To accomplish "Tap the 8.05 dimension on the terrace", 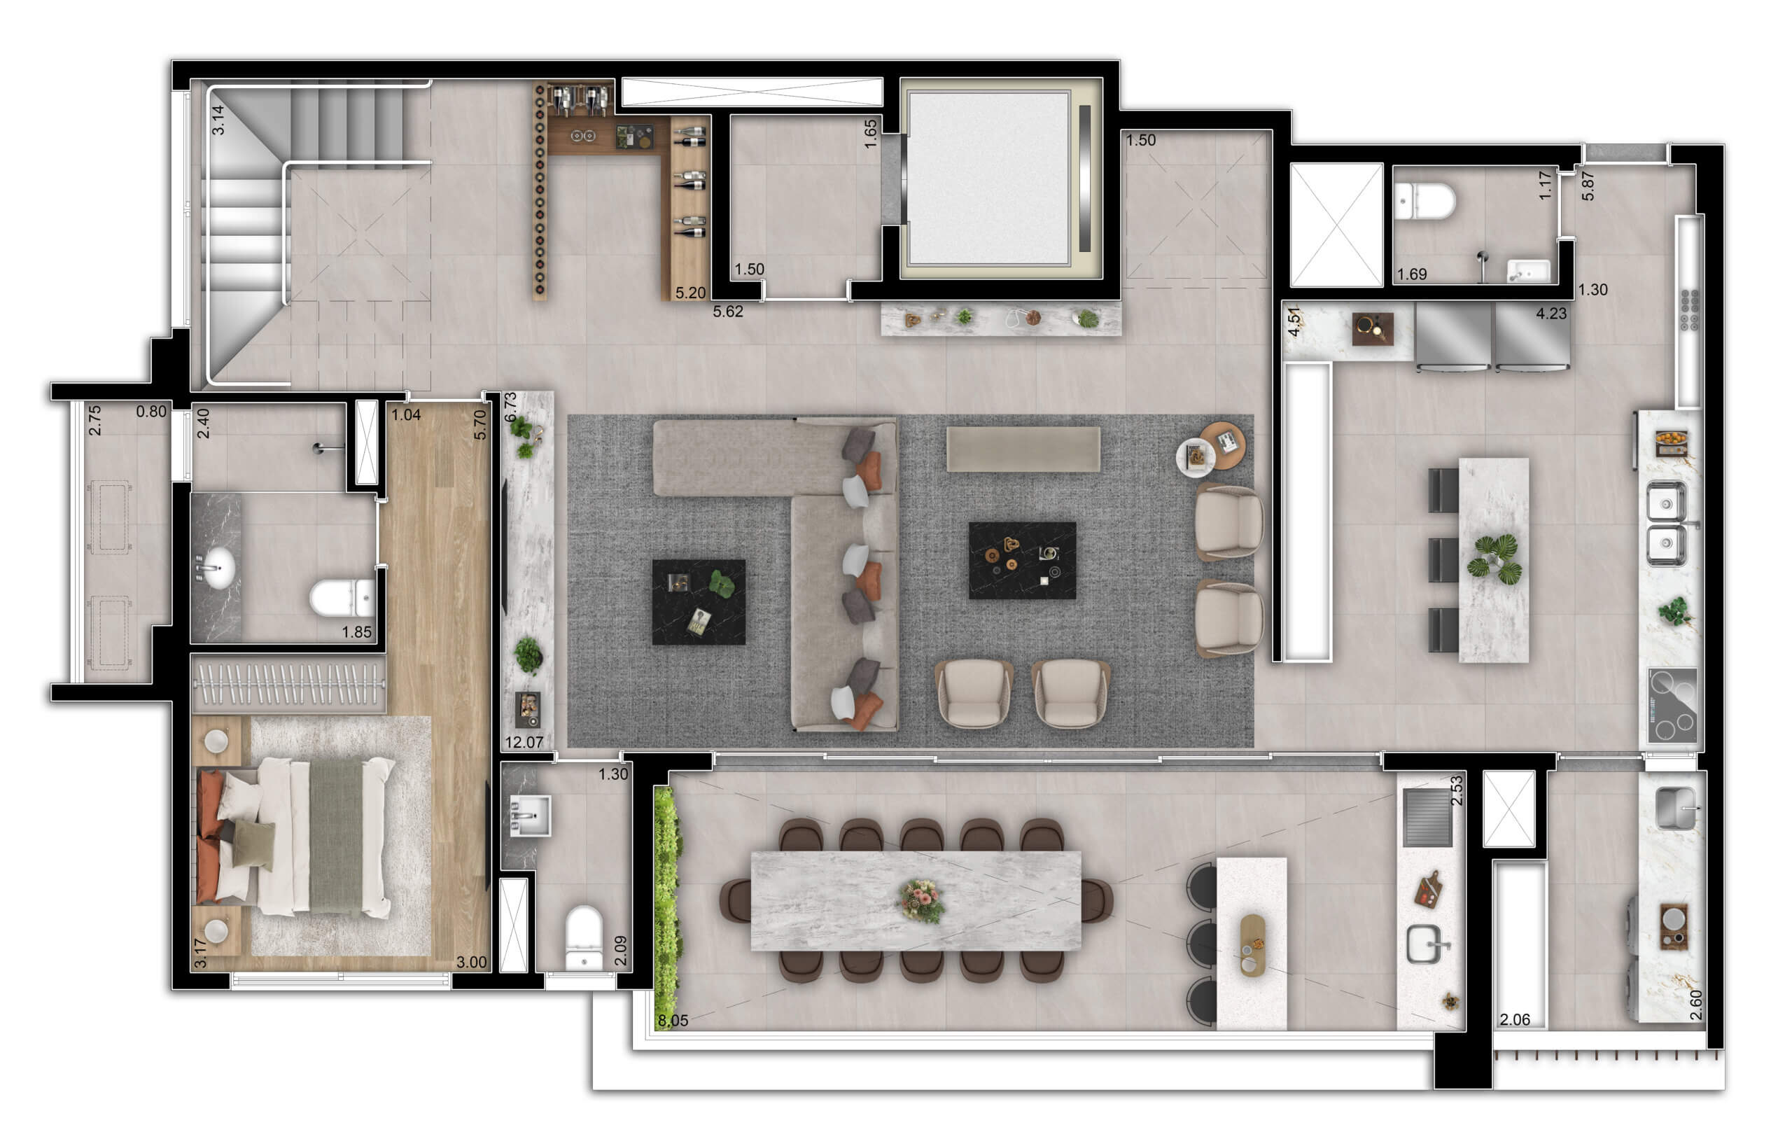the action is [x=673, y=1020].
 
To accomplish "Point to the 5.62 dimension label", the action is [x=728, y=311].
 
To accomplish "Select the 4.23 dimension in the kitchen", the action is [x=1551, y=314].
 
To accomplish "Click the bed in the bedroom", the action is [x=296, y=837].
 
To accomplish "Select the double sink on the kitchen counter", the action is [x=1665, y=524].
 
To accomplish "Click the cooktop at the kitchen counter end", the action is [x=1672, y=706].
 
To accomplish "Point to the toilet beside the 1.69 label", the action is [x=1424, y=201].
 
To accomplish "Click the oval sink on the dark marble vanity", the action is [x=219, y=568].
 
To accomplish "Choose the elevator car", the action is [x=989, y=179].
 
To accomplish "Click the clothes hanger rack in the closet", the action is [x=288, y=683].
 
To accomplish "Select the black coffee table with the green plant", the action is [x=698, y=602].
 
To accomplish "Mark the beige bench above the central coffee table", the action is [x=1023, y=449].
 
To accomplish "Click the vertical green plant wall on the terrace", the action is [x=668, y=909].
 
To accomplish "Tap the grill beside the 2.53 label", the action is [x=1427, y=817].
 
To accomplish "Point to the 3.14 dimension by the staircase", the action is [x=217, y=120].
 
